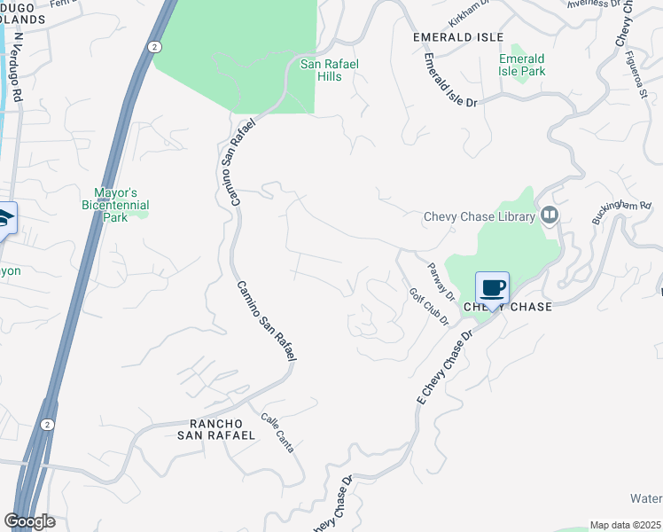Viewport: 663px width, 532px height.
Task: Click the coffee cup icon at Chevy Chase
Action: pos(492,288)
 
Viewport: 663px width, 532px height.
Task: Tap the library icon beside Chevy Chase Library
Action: pos(550,215)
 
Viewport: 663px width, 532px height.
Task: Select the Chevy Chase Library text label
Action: pos(480,216)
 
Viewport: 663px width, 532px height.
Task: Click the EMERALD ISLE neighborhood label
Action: pos(458,37)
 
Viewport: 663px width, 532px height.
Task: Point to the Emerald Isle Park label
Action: pos(521,65)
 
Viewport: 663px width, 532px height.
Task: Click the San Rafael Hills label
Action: pos(321,70)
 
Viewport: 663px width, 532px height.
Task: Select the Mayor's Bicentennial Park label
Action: pos(121,205)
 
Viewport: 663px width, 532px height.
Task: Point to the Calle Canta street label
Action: pos(277,433)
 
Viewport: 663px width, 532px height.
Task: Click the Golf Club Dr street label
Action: pos(429,307)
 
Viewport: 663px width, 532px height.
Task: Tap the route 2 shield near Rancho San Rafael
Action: pos(47,425)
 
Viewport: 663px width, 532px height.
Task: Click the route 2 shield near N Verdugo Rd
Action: pos(155,46)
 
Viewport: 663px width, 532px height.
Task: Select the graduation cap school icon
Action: pos(4,218)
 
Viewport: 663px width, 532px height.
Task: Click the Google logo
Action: pos(29,521)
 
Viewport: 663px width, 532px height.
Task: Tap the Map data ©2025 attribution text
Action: pos(624,525)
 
